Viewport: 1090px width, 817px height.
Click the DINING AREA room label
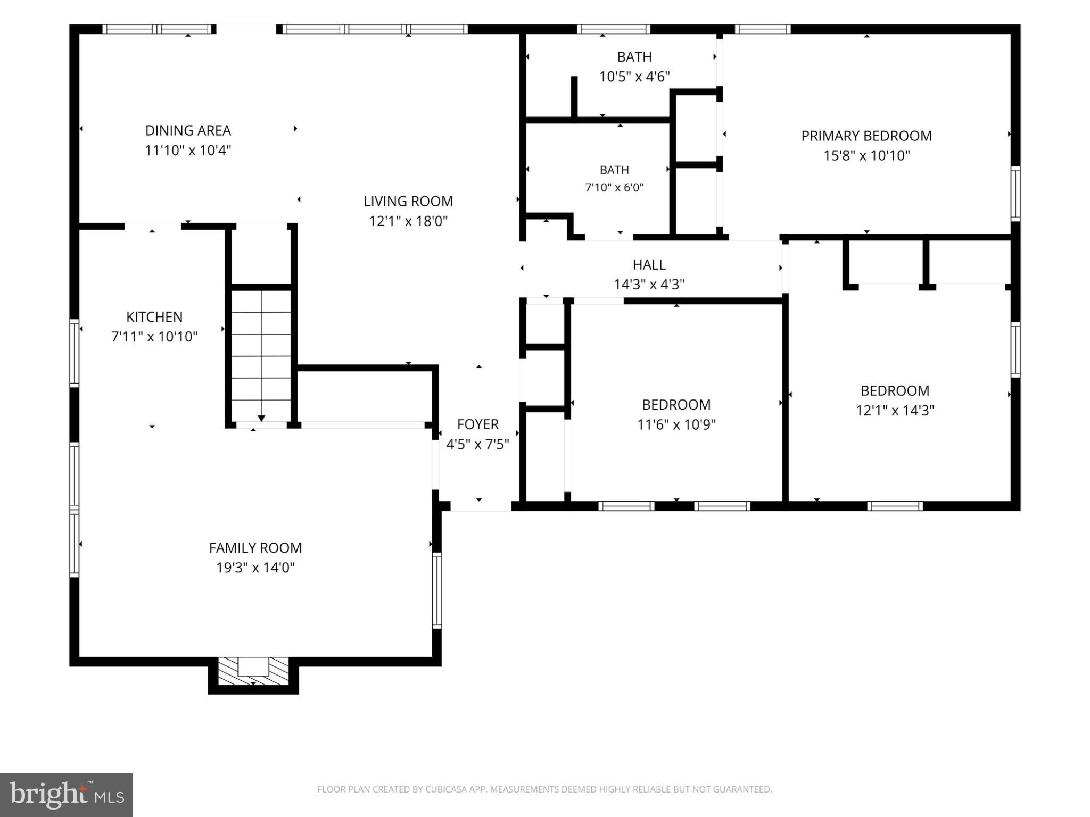(x=188, y=130)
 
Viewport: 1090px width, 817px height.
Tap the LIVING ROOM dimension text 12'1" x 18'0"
(x=408, y=221)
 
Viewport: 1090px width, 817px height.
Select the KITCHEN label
(x=154, y=317)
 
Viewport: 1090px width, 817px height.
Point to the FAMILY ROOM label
(x=255, y=548)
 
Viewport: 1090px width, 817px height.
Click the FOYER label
(x=478, y=424)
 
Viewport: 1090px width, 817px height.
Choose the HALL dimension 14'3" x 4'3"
(x=649, y=284)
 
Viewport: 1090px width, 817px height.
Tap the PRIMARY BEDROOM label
(x=866, y=136)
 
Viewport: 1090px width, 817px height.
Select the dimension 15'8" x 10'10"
(x=866, y=155)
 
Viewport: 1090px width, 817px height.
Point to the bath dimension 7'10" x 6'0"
(x=614, y=188)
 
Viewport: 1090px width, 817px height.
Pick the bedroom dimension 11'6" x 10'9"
(x=676, y=424)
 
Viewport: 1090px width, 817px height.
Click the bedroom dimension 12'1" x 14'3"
(x=895, y=411)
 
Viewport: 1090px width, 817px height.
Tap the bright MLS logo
(x=67, y=795)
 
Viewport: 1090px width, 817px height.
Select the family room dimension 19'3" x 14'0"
(x=255, y=568)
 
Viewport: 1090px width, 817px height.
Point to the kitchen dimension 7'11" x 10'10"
(x=154, y=337)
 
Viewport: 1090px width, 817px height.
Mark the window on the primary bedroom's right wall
(x=1015, y=193)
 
